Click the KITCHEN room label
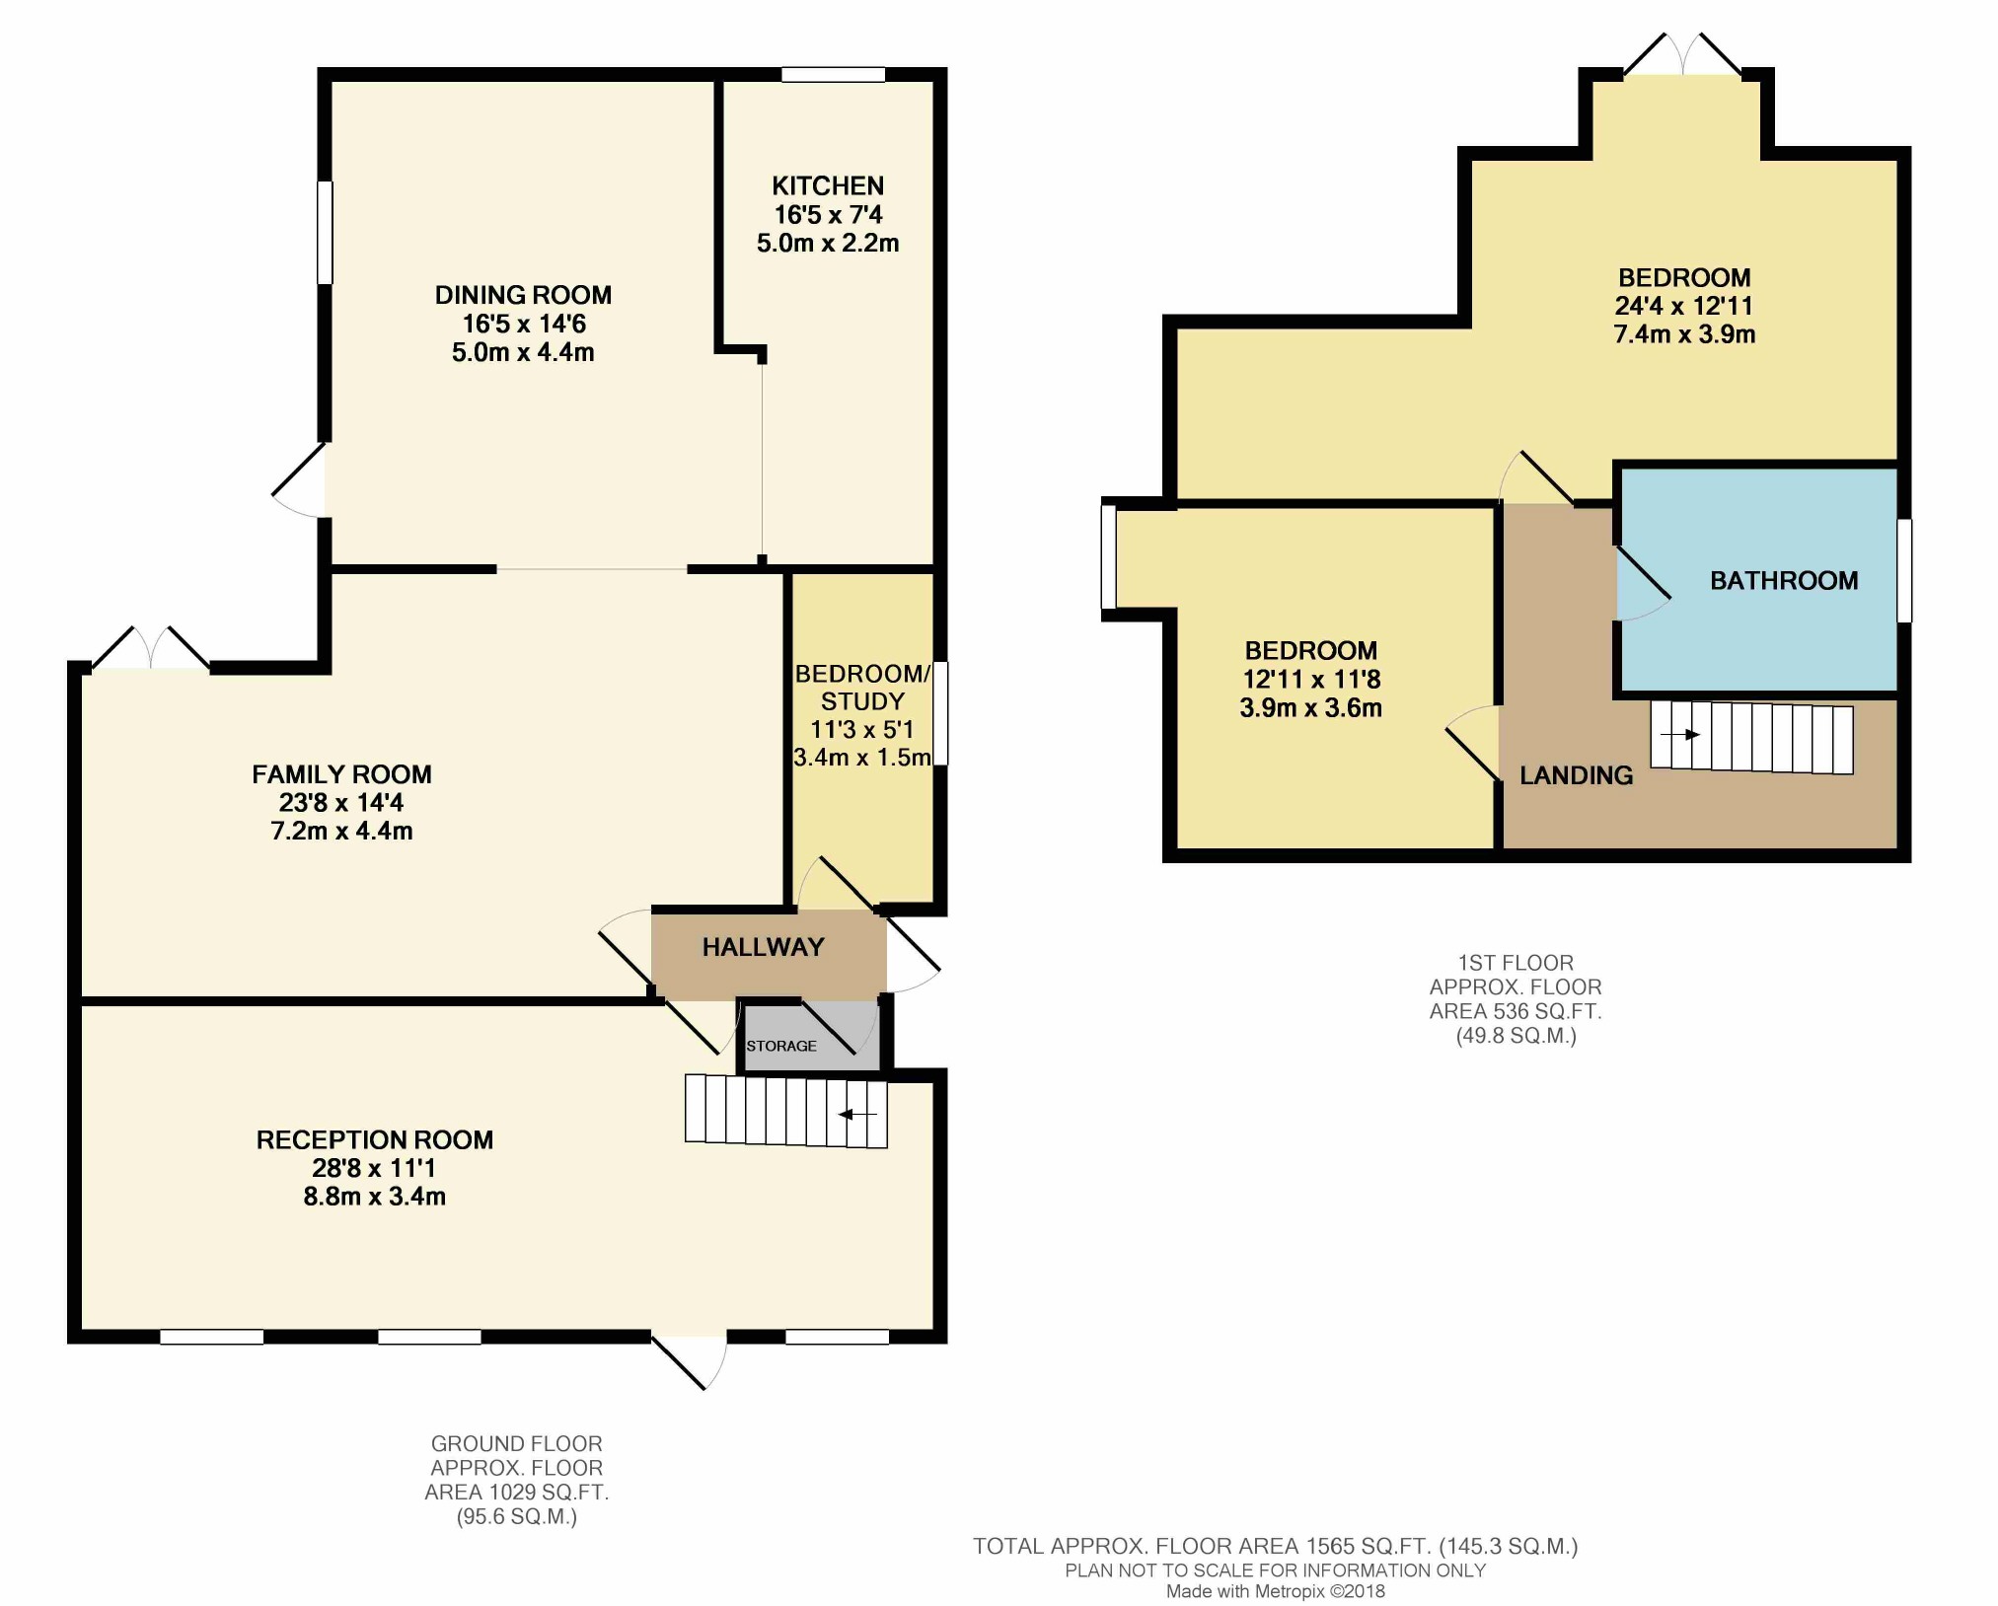coord(828,185)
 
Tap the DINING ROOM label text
coord(523,295)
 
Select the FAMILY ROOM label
coord(341,774)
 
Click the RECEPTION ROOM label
coord(375,1139)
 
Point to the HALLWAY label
coord(763,947)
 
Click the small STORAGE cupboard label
coord(781,1046)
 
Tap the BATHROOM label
coord(1784,581)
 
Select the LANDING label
coord(1576,775)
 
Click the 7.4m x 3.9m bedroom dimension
coord(1684,334)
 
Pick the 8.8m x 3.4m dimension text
coord(375,1197)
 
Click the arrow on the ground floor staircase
coord(857,1115)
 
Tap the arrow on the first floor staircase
coord(1680,735)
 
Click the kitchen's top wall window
coord(834,74)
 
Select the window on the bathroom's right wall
coord(1904,571)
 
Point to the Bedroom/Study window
coord(940,713)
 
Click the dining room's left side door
coord(299,479)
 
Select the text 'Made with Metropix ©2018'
coord(1276,1591)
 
